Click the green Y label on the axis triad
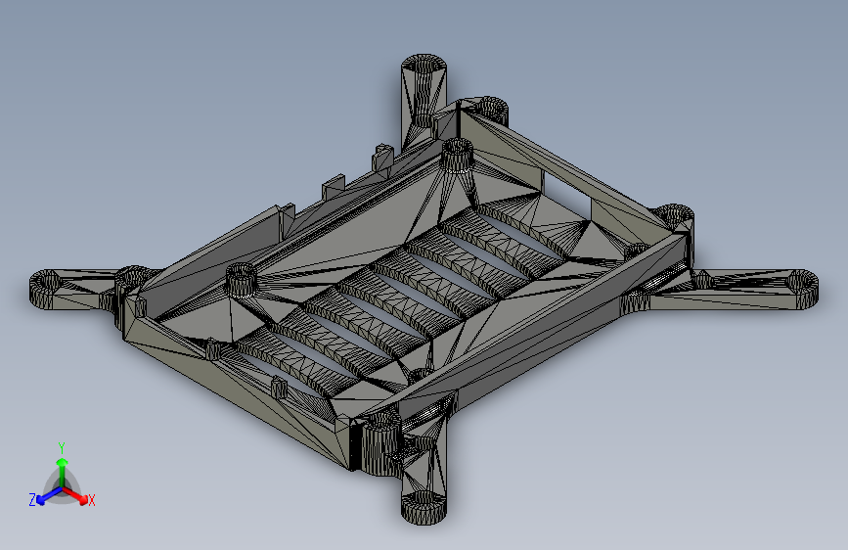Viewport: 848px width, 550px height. pos(62,447)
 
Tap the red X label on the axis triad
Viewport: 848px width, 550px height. pos(91,500)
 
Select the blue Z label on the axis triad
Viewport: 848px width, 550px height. pos(32,500)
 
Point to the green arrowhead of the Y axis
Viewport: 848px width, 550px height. pos(63,462)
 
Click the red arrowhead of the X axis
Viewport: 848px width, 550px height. pos(83,499)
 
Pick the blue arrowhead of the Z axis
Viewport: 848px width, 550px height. pos(41,499)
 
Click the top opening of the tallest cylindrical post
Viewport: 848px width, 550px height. pos(424,65)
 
